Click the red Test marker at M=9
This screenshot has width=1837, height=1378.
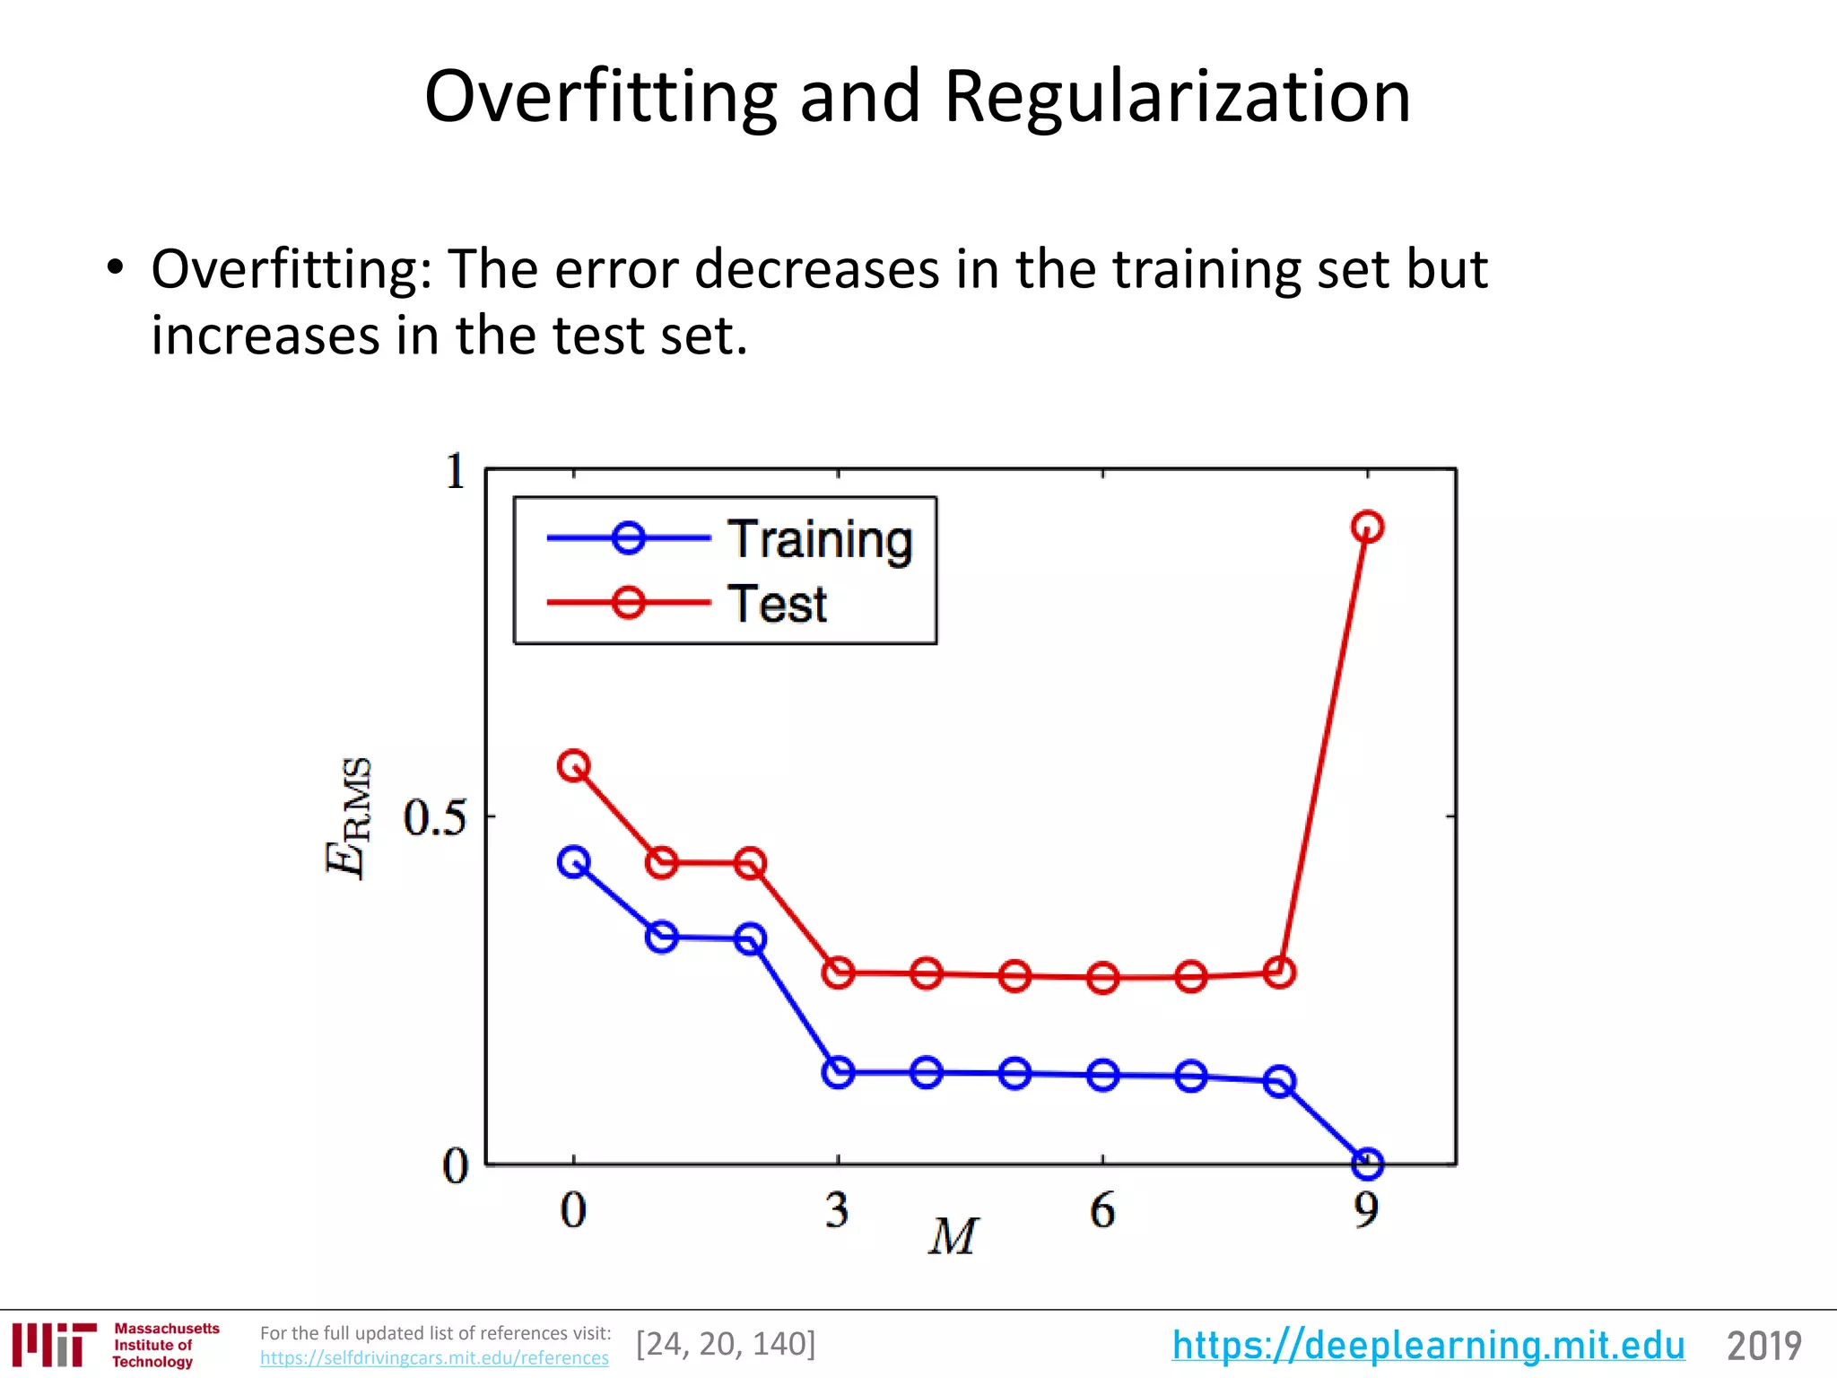1367,527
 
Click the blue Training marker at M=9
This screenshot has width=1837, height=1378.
1367,1164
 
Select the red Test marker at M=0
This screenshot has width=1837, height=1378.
573,766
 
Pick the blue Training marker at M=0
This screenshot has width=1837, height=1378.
573,862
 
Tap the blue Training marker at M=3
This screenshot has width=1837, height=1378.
838,1072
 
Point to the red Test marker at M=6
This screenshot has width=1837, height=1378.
1102,977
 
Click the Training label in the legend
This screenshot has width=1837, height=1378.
820,539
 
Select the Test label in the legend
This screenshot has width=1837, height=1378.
777,604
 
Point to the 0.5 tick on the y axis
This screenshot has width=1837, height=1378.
435,817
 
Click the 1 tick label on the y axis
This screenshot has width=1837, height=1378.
456,471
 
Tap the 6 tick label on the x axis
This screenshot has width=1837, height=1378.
1102,1210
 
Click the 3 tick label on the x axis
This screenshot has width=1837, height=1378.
838,1210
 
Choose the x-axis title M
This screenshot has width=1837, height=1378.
953,1237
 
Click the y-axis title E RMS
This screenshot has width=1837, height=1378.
348,817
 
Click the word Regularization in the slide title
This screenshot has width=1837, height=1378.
1177,96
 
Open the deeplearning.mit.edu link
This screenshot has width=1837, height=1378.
1428,1345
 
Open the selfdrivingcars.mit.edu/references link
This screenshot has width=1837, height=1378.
434,1358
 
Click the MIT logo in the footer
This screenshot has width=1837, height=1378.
54,1344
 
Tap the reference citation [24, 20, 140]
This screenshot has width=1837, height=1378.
726,1344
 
